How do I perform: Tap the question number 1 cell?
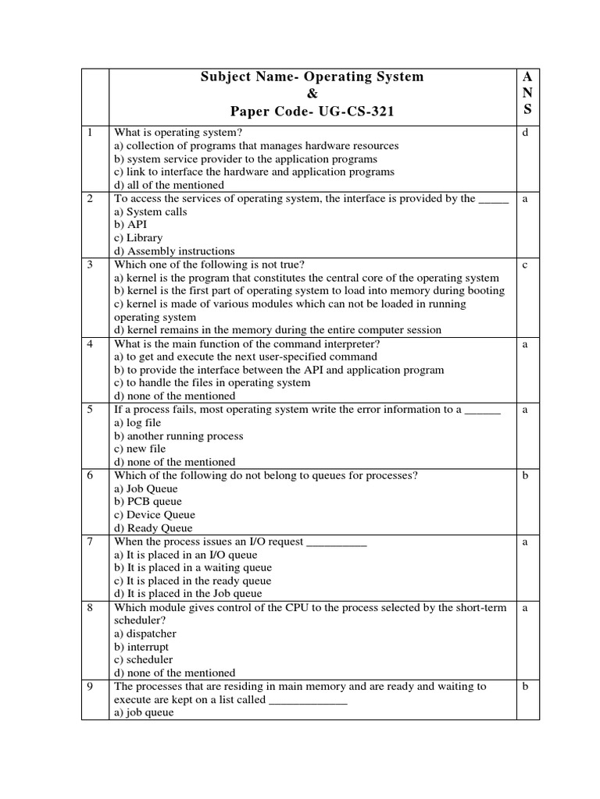[91, 133]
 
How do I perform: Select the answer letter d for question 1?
[526, 133]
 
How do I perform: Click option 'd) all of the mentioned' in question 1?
[169, 185]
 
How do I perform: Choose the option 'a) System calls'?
[151, 211]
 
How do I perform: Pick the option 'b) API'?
[130, 225]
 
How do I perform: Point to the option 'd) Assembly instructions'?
[174, 251]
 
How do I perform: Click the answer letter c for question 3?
[526, 265]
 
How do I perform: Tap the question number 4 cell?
[91, 343]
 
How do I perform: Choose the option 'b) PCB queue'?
[148, 502]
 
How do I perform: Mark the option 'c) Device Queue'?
[155, 515]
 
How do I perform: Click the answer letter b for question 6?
[526, 474]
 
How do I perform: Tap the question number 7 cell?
[91, 541]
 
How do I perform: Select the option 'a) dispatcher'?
[145, 634]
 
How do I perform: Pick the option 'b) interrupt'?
[141, 647]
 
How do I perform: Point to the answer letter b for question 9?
[526, 686]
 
